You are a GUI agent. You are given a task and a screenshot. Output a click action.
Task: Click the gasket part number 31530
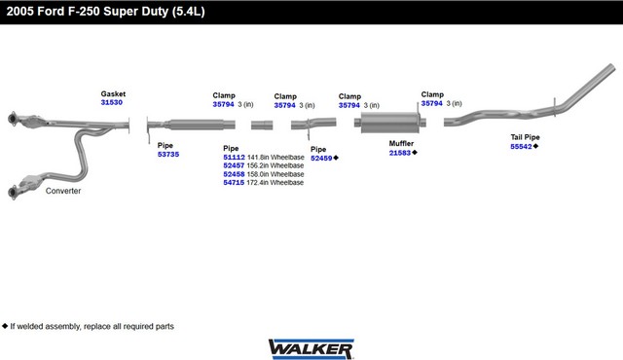[x=112, y=102]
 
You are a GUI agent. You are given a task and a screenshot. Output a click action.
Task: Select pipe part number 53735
[x=168, y=155]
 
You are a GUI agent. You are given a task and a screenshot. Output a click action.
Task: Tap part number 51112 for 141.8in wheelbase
[x=234, y=158]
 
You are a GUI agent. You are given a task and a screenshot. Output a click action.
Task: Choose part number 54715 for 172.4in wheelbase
[x=234, y=183]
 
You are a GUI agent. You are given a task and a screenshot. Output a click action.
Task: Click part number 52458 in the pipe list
[x=234, y=174]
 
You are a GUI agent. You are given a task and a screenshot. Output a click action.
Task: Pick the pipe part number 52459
[x=321, y=159]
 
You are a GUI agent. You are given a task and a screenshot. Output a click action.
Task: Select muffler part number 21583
[x=400, y=153]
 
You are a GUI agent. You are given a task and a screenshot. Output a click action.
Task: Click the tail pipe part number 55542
[x=521, y=147]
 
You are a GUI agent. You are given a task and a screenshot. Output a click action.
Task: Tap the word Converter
[x=63, y=191]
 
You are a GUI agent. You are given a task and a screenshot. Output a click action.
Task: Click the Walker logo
[x=311, y=349]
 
